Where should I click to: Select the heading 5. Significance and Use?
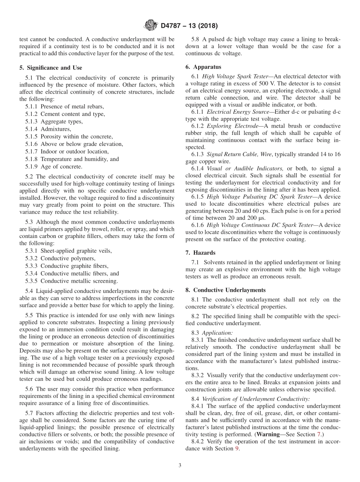click(50, 68)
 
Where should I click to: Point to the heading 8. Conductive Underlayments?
click(225, 290)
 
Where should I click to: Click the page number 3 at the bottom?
click(180, 465)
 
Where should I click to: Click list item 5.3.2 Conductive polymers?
click(60, 258)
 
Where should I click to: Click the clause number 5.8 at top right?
click(196, 39)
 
